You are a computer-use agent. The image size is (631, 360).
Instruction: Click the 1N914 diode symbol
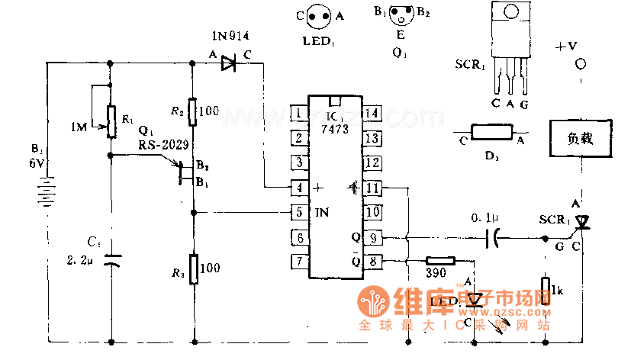pos(227,65)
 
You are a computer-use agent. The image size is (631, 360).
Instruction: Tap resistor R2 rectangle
pos(192,111)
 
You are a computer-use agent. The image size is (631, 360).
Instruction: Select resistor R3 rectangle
pos(192,269)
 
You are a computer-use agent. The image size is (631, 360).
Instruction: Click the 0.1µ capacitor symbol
pos(495,239)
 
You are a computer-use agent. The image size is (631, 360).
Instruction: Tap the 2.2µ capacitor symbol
pos(111,261)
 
